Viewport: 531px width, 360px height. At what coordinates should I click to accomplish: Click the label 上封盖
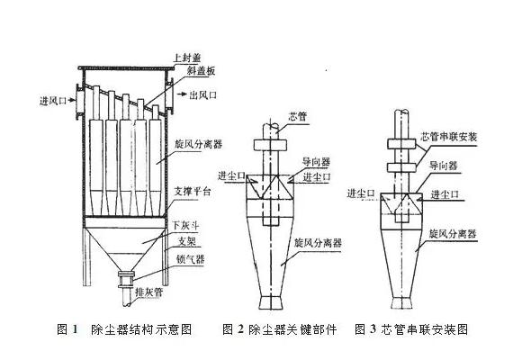click(x=187, y=57)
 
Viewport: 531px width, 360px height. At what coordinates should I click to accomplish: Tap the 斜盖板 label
click(x=202, y=71)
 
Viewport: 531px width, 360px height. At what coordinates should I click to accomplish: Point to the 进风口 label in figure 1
click(x=52, y=101)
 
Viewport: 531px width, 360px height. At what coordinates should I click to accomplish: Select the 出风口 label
click(x=202, y=95)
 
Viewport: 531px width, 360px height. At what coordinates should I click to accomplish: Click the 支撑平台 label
click(x=192, y=192)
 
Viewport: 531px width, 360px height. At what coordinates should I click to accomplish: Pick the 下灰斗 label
click(x=186, y=225)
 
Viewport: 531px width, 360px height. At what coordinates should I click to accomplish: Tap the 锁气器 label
click(x=190, y=259)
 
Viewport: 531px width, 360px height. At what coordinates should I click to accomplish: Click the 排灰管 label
click(x=149, y=292)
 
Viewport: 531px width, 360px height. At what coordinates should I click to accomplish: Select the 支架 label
click(x=187, y=241)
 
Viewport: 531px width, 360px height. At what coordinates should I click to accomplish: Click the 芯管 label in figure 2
click(x=297, y=116)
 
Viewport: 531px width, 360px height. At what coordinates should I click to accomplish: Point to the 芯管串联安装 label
click(x=448, y=137)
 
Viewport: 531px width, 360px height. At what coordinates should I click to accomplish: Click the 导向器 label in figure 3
click(x=444, y=166)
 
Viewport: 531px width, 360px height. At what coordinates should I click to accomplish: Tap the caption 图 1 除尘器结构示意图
click(x=124, y=328)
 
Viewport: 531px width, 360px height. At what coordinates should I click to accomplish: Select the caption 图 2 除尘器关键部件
click(x=280, y=328)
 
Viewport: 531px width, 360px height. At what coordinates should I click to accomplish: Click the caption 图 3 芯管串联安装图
click(x=411, y=328)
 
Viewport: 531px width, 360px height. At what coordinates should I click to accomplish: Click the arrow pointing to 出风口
click(x=182, y=94)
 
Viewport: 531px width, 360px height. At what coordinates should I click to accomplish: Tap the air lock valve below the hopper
click(x=126, y=279)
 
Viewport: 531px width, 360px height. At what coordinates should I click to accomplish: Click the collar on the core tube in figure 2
click(x=271, y=145)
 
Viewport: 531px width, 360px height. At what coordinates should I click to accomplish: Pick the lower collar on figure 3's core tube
click(x=401, y=167)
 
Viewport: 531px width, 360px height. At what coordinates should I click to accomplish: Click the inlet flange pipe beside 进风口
click(x=79, y=101)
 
